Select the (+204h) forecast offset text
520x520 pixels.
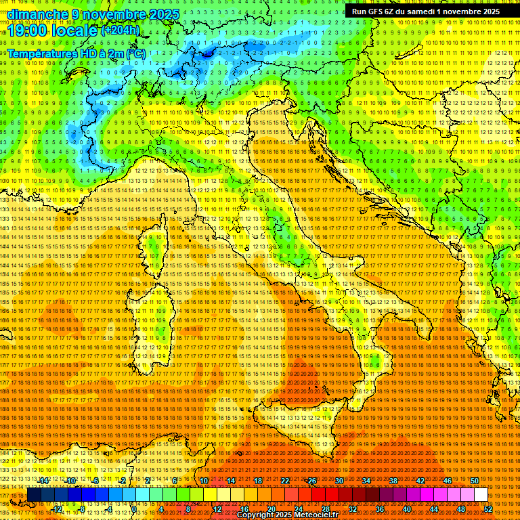pos(121,30)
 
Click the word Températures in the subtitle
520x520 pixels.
pos(43,53)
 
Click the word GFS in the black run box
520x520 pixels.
pos(378,12)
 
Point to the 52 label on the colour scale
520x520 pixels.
pos(487,508)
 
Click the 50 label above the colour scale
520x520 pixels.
pos(474,481)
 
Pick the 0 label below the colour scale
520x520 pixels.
pos(134,508)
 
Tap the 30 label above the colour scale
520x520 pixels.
pos(339,481)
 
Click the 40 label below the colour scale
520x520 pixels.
pos(406,508)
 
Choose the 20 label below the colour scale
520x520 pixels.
pos(271,508)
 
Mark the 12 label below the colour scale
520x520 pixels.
pos(217,508)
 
